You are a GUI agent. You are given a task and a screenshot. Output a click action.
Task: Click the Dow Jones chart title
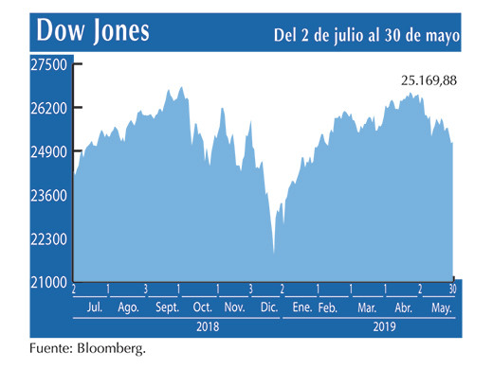(x=93, y=29)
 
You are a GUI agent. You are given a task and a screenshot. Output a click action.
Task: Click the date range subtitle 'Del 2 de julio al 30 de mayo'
(x=366, y=34)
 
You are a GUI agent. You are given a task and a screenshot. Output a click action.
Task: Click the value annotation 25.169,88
(x=429, y=81)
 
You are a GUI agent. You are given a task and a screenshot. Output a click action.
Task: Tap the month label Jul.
(x=96, y=308)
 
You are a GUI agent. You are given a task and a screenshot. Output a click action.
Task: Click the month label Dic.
(x=268, y=308)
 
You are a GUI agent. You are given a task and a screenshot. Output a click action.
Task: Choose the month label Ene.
(x=301, y=308)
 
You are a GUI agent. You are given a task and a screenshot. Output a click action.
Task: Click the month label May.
(x=442, y=308)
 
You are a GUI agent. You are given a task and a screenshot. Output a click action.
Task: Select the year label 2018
(x=209, y=326)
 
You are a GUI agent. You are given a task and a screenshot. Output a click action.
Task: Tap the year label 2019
(x=382, y=326)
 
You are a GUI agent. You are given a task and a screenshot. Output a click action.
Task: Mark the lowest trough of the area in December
(x=274, y=253)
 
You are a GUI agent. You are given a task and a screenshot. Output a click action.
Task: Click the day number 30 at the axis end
(x=452, y=289)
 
